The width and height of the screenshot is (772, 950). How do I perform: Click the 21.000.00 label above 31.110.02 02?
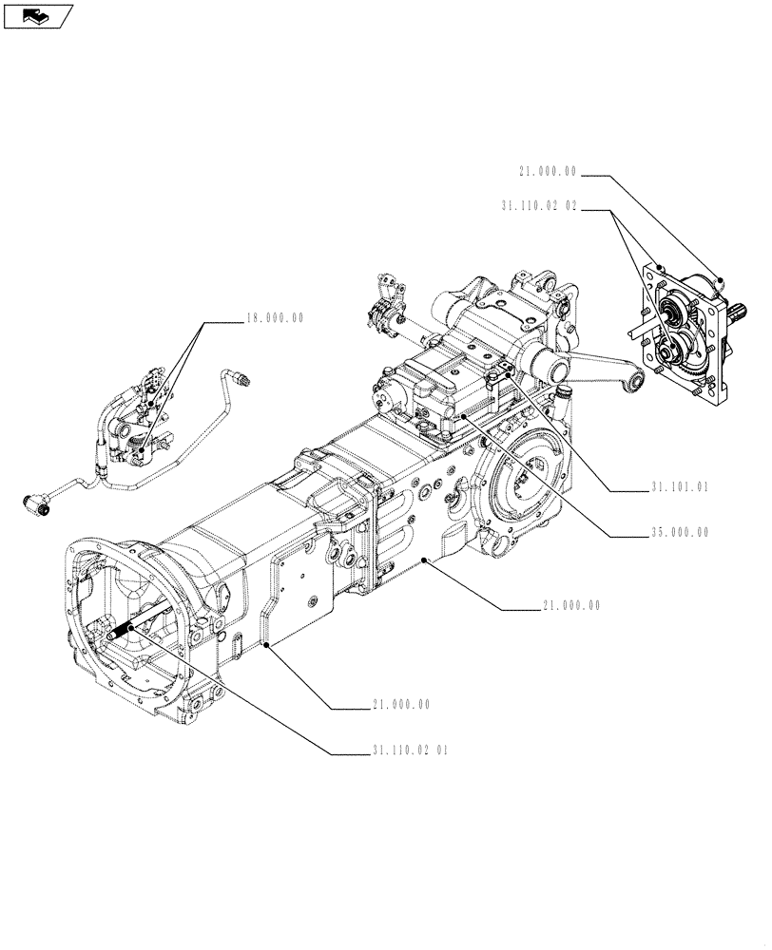[548, 171]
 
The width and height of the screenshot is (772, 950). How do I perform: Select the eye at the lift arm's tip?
[635, 382]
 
